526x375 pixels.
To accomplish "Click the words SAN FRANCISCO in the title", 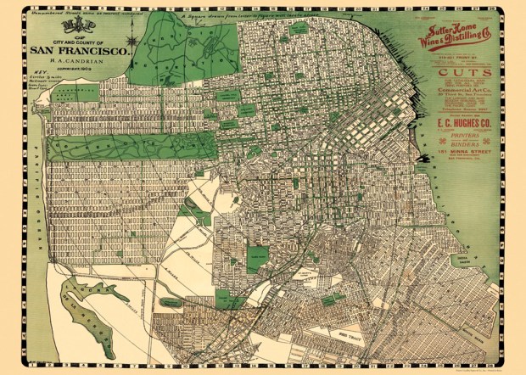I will coord(81,50).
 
